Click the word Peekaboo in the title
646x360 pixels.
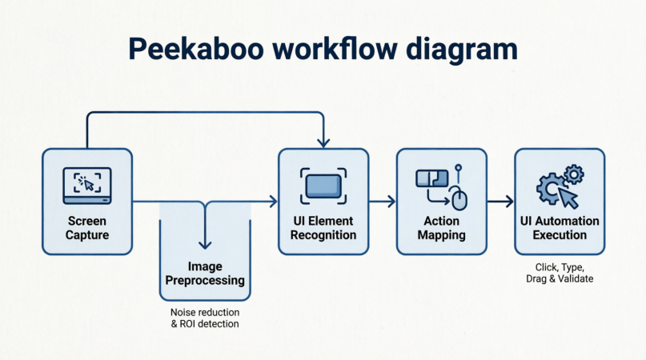(195, 49)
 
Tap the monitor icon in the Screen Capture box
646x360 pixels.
(87, 186)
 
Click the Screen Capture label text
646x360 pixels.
(87, 228)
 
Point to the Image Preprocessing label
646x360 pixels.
(205, 273)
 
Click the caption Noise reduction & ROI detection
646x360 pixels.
(205, 318)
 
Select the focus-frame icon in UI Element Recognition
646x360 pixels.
(323, 186)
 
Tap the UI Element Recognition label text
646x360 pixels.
(323, 228)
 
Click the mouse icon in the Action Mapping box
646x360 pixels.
(459, 198)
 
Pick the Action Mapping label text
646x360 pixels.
(441, 228)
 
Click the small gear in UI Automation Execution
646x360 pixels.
(573, 174)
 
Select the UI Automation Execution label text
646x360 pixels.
(560, 228)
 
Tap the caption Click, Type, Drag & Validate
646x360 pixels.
(560, 273)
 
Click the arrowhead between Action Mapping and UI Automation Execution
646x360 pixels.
(510, 202)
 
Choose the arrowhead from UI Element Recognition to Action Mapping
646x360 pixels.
(391, 202)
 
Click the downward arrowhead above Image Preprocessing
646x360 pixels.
(205, 245)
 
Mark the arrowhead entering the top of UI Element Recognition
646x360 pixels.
(323, 143)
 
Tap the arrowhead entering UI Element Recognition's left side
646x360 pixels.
(273, 202)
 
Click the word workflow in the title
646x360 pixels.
(335, 49)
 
